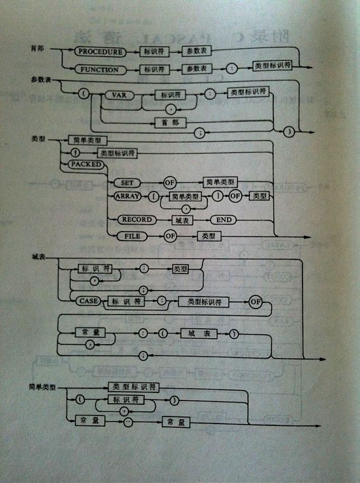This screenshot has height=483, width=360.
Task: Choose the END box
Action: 223,220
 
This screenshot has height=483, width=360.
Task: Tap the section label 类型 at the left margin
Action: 38,139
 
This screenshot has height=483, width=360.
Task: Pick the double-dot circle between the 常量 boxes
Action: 128,422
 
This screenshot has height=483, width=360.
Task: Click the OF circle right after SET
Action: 169,182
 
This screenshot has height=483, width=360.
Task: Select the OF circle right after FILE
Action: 170,236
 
